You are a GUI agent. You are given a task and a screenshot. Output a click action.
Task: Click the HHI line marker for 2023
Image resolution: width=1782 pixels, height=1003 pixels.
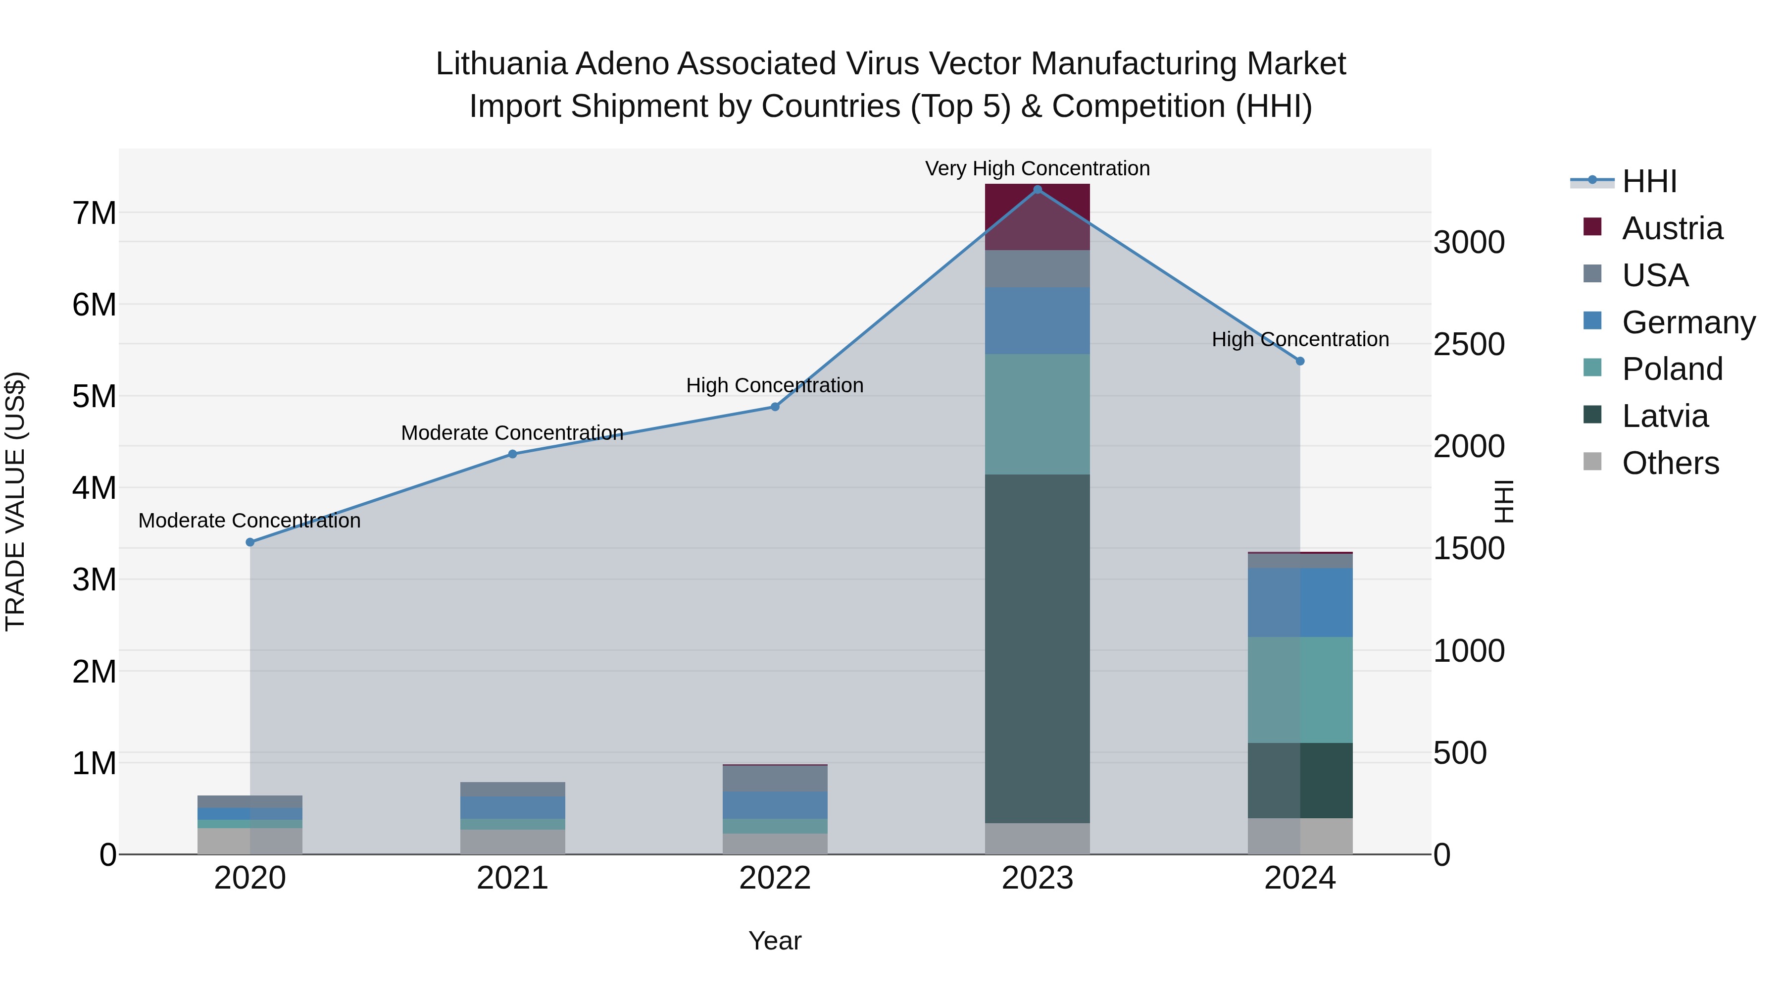click(1037, 189)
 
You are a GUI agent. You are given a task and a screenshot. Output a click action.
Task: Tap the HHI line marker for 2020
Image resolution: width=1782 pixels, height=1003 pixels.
click(250, 542)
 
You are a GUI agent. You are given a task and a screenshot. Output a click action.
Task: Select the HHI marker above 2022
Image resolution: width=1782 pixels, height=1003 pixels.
click(775, 407)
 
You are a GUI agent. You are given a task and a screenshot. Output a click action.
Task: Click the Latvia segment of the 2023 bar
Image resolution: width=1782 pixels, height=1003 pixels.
click(1037, 648)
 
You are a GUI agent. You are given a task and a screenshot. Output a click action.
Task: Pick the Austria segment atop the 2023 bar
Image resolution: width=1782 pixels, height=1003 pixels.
click(1037, 216)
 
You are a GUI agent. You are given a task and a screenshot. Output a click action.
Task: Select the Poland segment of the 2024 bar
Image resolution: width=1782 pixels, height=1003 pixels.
click(1300, 689)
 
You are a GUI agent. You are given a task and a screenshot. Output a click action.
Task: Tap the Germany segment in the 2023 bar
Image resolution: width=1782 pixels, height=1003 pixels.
click(1037, 320)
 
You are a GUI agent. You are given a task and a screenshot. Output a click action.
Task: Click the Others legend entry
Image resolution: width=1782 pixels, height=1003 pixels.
click(1670, 463)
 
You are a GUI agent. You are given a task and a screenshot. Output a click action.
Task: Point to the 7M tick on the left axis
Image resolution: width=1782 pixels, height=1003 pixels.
click(94, 213)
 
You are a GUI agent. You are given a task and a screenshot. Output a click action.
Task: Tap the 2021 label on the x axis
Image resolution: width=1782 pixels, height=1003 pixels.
click(513, 878)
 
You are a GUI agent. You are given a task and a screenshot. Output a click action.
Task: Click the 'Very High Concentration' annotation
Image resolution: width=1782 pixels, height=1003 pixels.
click(1037, 168)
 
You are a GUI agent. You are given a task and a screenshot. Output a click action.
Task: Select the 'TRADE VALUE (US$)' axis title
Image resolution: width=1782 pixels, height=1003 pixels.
click(15, 501)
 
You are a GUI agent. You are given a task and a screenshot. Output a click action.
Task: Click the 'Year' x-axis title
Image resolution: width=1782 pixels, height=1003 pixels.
click(775, 941)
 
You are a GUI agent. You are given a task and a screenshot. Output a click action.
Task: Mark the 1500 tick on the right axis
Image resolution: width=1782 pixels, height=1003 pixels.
click(1469, 549)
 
